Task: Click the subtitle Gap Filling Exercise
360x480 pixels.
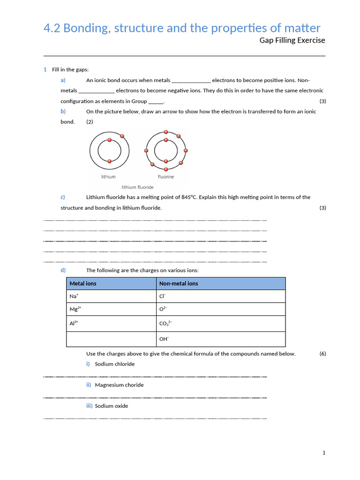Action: coord(292,40)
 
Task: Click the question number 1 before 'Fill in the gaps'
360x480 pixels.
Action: coord(45,69)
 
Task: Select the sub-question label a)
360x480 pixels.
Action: coord(63,80)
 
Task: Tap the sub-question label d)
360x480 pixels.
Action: coord(63,270)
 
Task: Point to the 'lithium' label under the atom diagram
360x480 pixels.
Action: coord(108,177)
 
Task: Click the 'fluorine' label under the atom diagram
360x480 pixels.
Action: coord(165,177)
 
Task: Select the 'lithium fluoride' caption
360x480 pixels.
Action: coord(137,187)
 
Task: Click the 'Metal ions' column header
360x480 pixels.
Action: coord(83,284)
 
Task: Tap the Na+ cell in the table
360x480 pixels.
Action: coord(74,296)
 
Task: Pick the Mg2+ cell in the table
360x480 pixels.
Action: coord(75,309)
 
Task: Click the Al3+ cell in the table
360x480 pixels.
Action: coord(74,323)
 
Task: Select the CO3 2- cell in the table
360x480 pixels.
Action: coord(165,323)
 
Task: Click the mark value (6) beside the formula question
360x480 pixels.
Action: coord(322,353)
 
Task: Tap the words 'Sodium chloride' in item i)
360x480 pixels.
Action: coord(114,364)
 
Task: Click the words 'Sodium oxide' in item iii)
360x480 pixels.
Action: coord(111,406)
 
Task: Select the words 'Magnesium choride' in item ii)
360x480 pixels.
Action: coord(119,385)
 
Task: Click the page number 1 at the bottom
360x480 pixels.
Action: coord(323,453)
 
